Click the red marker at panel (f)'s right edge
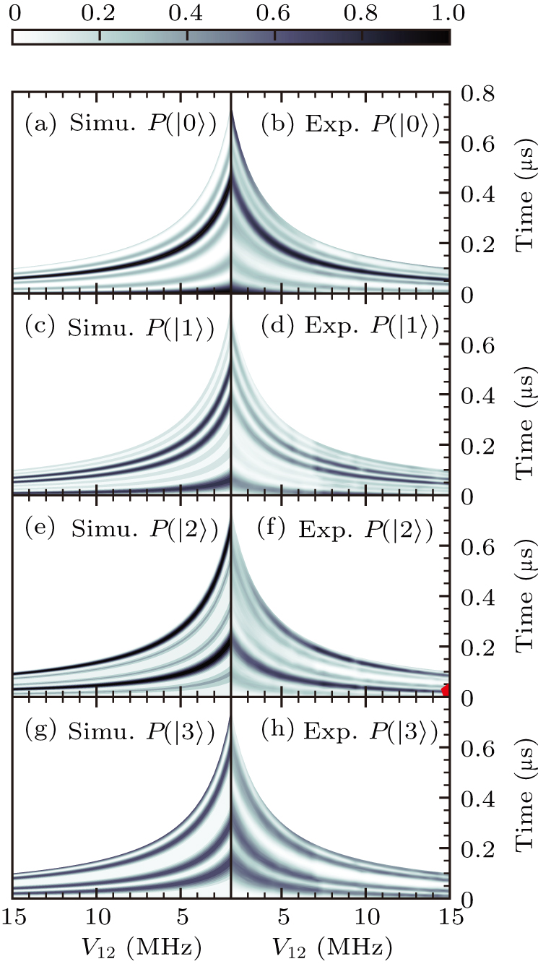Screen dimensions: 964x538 click(447, 690)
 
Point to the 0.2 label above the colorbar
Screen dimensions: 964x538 click(100, 12)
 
